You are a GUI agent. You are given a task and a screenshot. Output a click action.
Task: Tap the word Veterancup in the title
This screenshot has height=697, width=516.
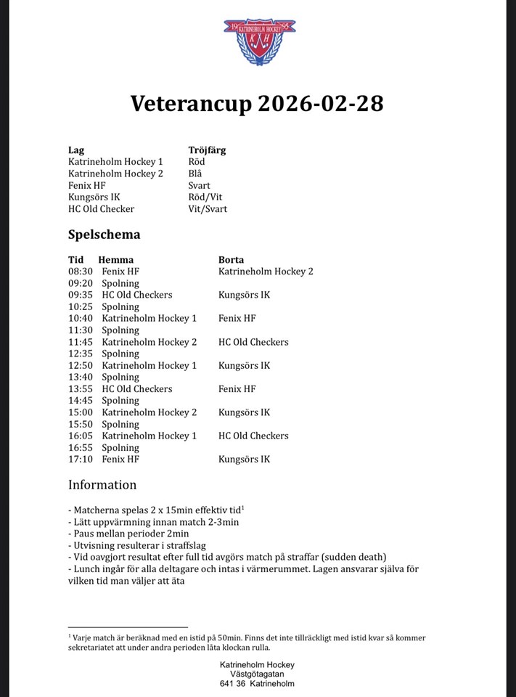point(191,104)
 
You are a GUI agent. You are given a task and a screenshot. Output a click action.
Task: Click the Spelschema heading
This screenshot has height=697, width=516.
point(104,235)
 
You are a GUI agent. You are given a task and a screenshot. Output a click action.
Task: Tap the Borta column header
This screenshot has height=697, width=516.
point(231,259)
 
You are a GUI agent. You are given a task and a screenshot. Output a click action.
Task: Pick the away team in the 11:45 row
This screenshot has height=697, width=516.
point(253,342)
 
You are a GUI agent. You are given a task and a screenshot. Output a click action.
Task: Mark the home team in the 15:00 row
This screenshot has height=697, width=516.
point(149,412)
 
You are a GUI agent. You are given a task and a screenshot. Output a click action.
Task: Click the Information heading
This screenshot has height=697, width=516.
point(102,484)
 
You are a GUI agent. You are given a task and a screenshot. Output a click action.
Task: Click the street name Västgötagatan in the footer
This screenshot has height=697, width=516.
point(257,674)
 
